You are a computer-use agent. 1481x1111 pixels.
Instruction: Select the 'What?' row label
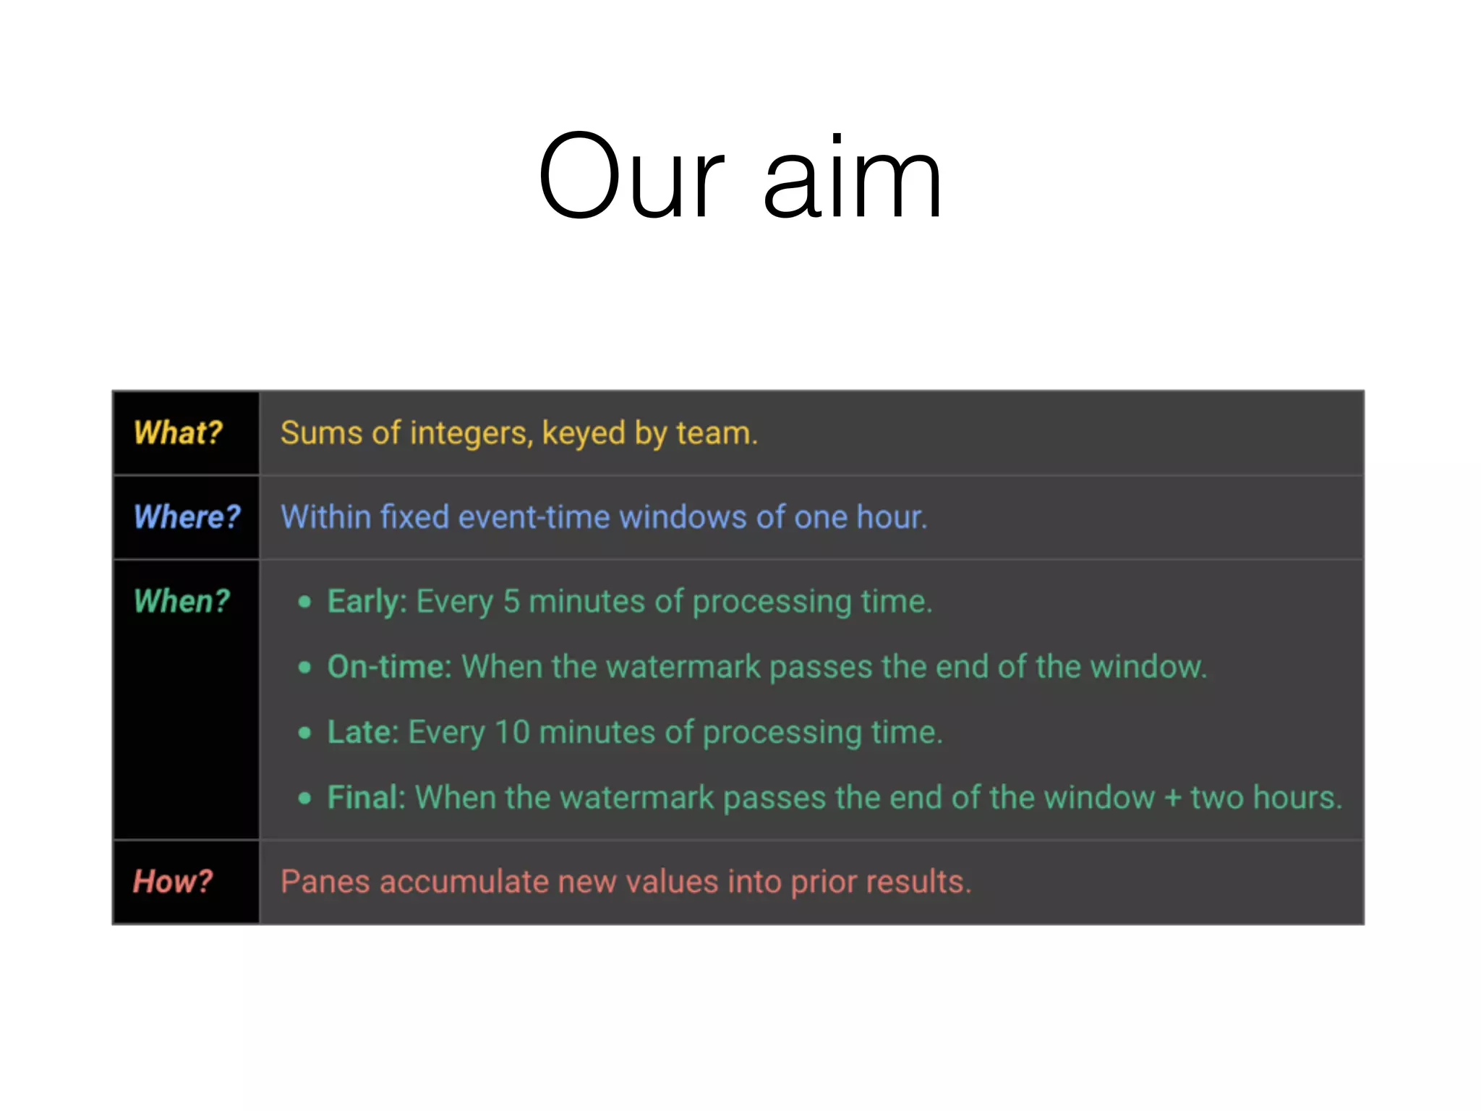[x=178, y=433]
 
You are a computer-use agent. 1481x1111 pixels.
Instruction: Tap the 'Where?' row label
[x=187, y=516]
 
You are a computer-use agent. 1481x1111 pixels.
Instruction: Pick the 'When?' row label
[x=182, y=601]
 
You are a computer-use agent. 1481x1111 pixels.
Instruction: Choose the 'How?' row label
[x=173, y=882]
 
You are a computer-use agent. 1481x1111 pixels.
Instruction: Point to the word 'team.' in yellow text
[x=717, y=433]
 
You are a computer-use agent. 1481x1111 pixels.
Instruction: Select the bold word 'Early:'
[x=367, y=602]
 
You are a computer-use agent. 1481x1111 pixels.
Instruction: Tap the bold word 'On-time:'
[x=389, y=667]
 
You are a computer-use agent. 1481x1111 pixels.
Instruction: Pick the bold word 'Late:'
[x=362, y=732]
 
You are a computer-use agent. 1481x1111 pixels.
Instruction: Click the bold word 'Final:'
[x=366, y=798]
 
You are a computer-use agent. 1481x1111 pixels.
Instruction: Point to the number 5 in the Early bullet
[x=511, y=602]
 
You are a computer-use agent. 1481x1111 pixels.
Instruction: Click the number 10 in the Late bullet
[x=512, y=732]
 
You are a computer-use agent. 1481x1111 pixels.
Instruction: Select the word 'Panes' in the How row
[x=325, y=882]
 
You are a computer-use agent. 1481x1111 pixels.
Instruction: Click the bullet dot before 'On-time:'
[x=304, y=667]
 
